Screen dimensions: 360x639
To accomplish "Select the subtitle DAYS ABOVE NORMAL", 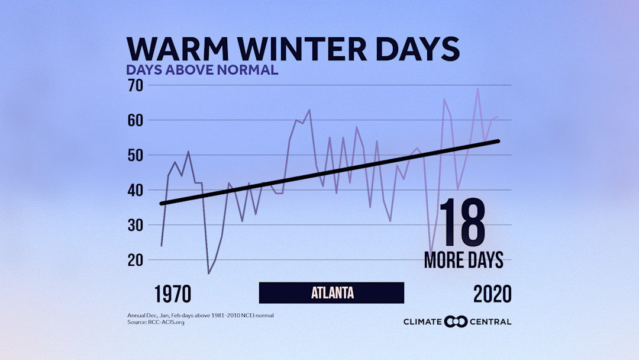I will [202, 70].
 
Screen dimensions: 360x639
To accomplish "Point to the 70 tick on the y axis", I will [136, 85].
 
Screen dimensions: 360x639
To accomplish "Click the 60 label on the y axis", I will [136, 120].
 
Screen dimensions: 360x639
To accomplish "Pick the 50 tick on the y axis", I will [136, 155].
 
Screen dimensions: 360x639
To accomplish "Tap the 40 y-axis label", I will [136, 190].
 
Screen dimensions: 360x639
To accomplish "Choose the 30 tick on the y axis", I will [136, 225].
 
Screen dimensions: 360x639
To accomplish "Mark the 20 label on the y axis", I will [136, 260].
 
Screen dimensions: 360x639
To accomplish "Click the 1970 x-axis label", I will [173, 294].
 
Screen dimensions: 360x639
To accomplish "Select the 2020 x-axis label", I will [492, 294].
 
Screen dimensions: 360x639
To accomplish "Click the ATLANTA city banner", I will [332, 292].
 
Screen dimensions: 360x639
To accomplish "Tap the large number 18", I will [462, 224].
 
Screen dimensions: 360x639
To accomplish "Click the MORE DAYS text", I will [463, 260].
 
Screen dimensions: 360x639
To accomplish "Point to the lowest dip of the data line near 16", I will [209, 273].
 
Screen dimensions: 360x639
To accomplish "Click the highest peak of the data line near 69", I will [477, 89].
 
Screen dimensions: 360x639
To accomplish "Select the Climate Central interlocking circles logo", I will [456, 322].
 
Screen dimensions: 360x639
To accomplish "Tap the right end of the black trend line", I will [499, 141].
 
